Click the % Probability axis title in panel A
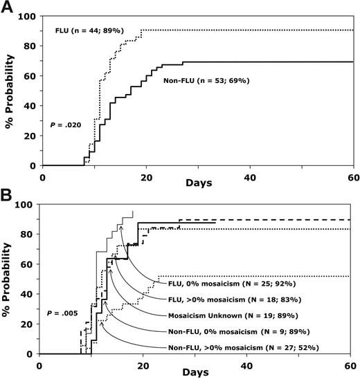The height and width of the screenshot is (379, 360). coord(11,91)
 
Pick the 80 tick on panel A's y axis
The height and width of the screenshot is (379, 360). coord(30,47)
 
